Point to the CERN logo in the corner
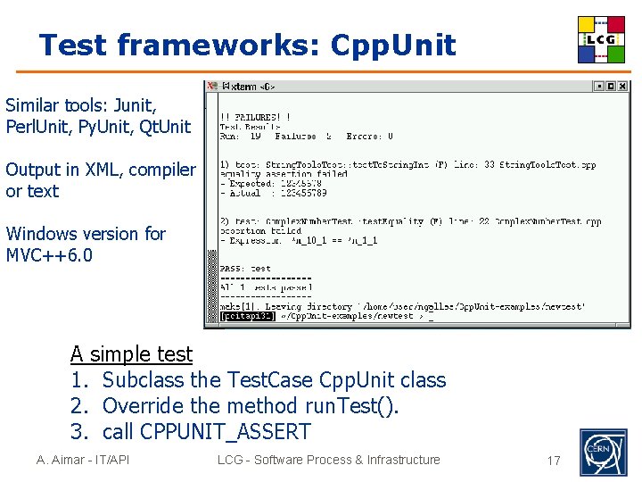[604, 452]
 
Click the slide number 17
[554, 461]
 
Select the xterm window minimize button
[599, 87]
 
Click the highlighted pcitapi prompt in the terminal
[248, 316]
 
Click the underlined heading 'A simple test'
[131, 354]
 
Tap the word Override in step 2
[143, 406]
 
